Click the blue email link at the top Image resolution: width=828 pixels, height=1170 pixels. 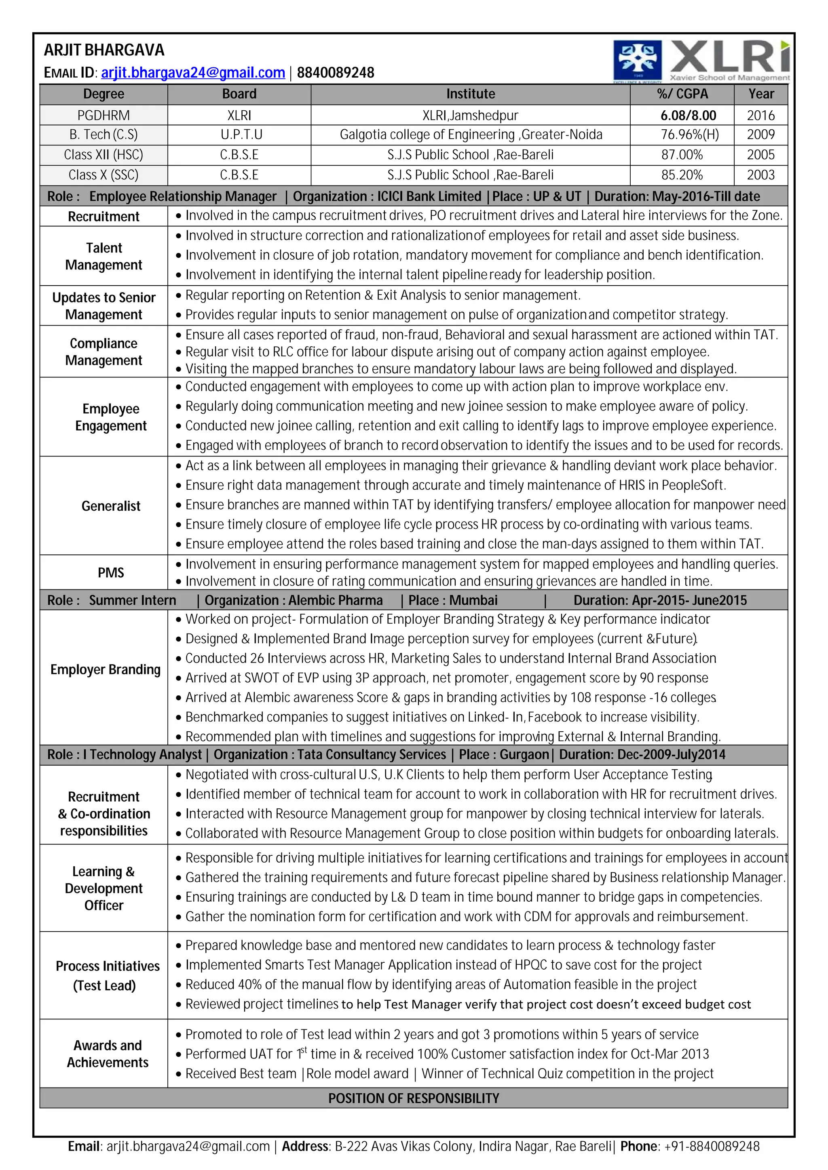coord(193,72)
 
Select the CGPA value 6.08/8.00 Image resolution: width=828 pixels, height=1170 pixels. coord(688,115)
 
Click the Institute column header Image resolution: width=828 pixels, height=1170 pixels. coord(470,94)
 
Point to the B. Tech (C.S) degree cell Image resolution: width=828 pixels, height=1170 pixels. coord(103,135)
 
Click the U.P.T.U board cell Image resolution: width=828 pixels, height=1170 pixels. coord(239,135)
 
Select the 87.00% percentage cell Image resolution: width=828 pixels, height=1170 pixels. coord(682,154)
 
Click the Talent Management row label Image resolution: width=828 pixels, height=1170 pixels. coord(103,256)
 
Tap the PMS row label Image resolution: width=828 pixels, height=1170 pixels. coord(111,573)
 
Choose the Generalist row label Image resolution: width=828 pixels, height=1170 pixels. coord(111,506)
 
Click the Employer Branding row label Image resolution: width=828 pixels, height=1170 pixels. coord(105,669)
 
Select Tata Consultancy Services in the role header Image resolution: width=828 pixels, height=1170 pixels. coord(371,755)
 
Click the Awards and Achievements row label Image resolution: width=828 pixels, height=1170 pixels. coord(108,1054)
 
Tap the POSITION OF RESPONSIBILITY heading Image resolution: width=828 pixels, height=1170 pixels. coord(414,1098)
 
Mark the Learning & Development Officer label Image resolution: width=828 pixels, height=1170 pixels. coord(103,888)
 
